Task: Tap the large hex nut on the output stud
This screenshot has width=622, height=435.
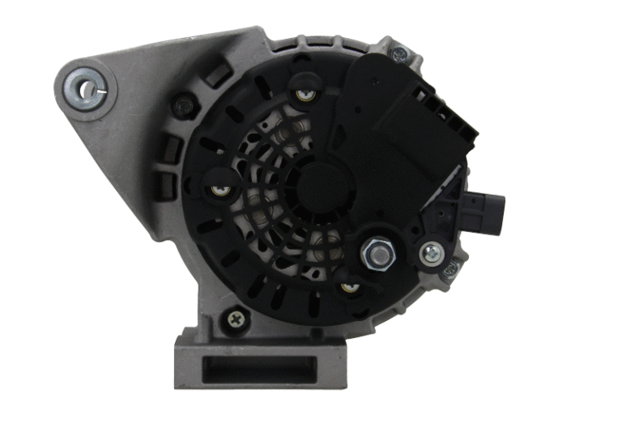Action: pos(375,255)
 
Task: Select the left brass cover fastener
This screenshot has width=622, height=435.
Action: pos(219,191)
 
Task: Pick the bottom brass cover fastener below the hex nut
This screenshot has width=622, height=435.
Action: pos(349,286)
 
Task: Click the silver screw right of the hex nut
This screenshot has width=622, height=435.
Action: pos(432,254)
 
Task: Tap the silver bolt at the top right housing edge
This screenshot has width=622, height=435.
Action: pos(398,55)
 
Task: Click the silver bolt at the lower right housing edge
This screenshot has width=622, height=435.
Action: pos(450,268)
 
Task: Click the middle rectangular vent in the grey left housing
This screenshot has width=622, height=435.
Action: pos(172,149)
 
